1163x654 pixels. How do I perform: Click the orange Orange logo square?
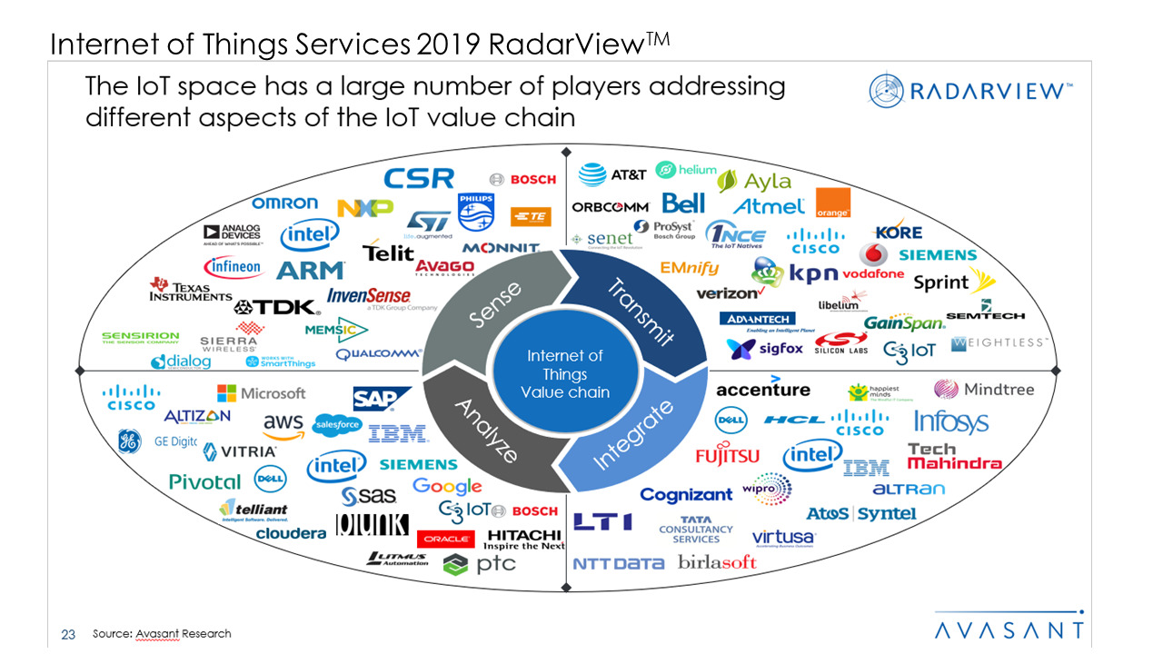pyautogui.click(x=832, y=203)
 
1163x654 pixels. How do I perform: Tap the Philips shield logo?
pyautogui.click(x=475, y=211)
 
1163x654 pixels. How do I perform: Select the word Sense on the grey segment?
pyautogui.click(x=495, y=304)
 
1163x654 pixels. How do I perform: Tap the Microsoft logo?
pyautogui.click(x=261, y=393)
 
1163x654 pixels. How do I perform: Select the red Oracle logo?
pyautogui.click(x=445, y=539)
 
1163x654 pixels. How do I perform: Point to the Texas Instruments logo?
pyautogui.click(x=191, y=290)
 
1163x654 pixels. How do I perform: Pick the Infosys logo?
pyautogui.click(x=950, y=421)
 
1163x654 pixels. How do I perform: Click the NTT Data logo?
pyautogui.click(x=619, y=564)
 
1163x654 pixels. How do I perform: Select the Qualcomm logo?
pyautogui.click(x=379, y=353)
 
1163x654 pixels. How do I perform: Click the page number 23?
pyautogui.click(x=67, y=634)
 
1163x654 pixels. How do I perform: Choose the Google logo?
pyautogui.click(x=447, y=487)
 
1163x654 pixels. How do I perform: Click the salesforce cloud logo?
pyautogui.click(x=337, y=424)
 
